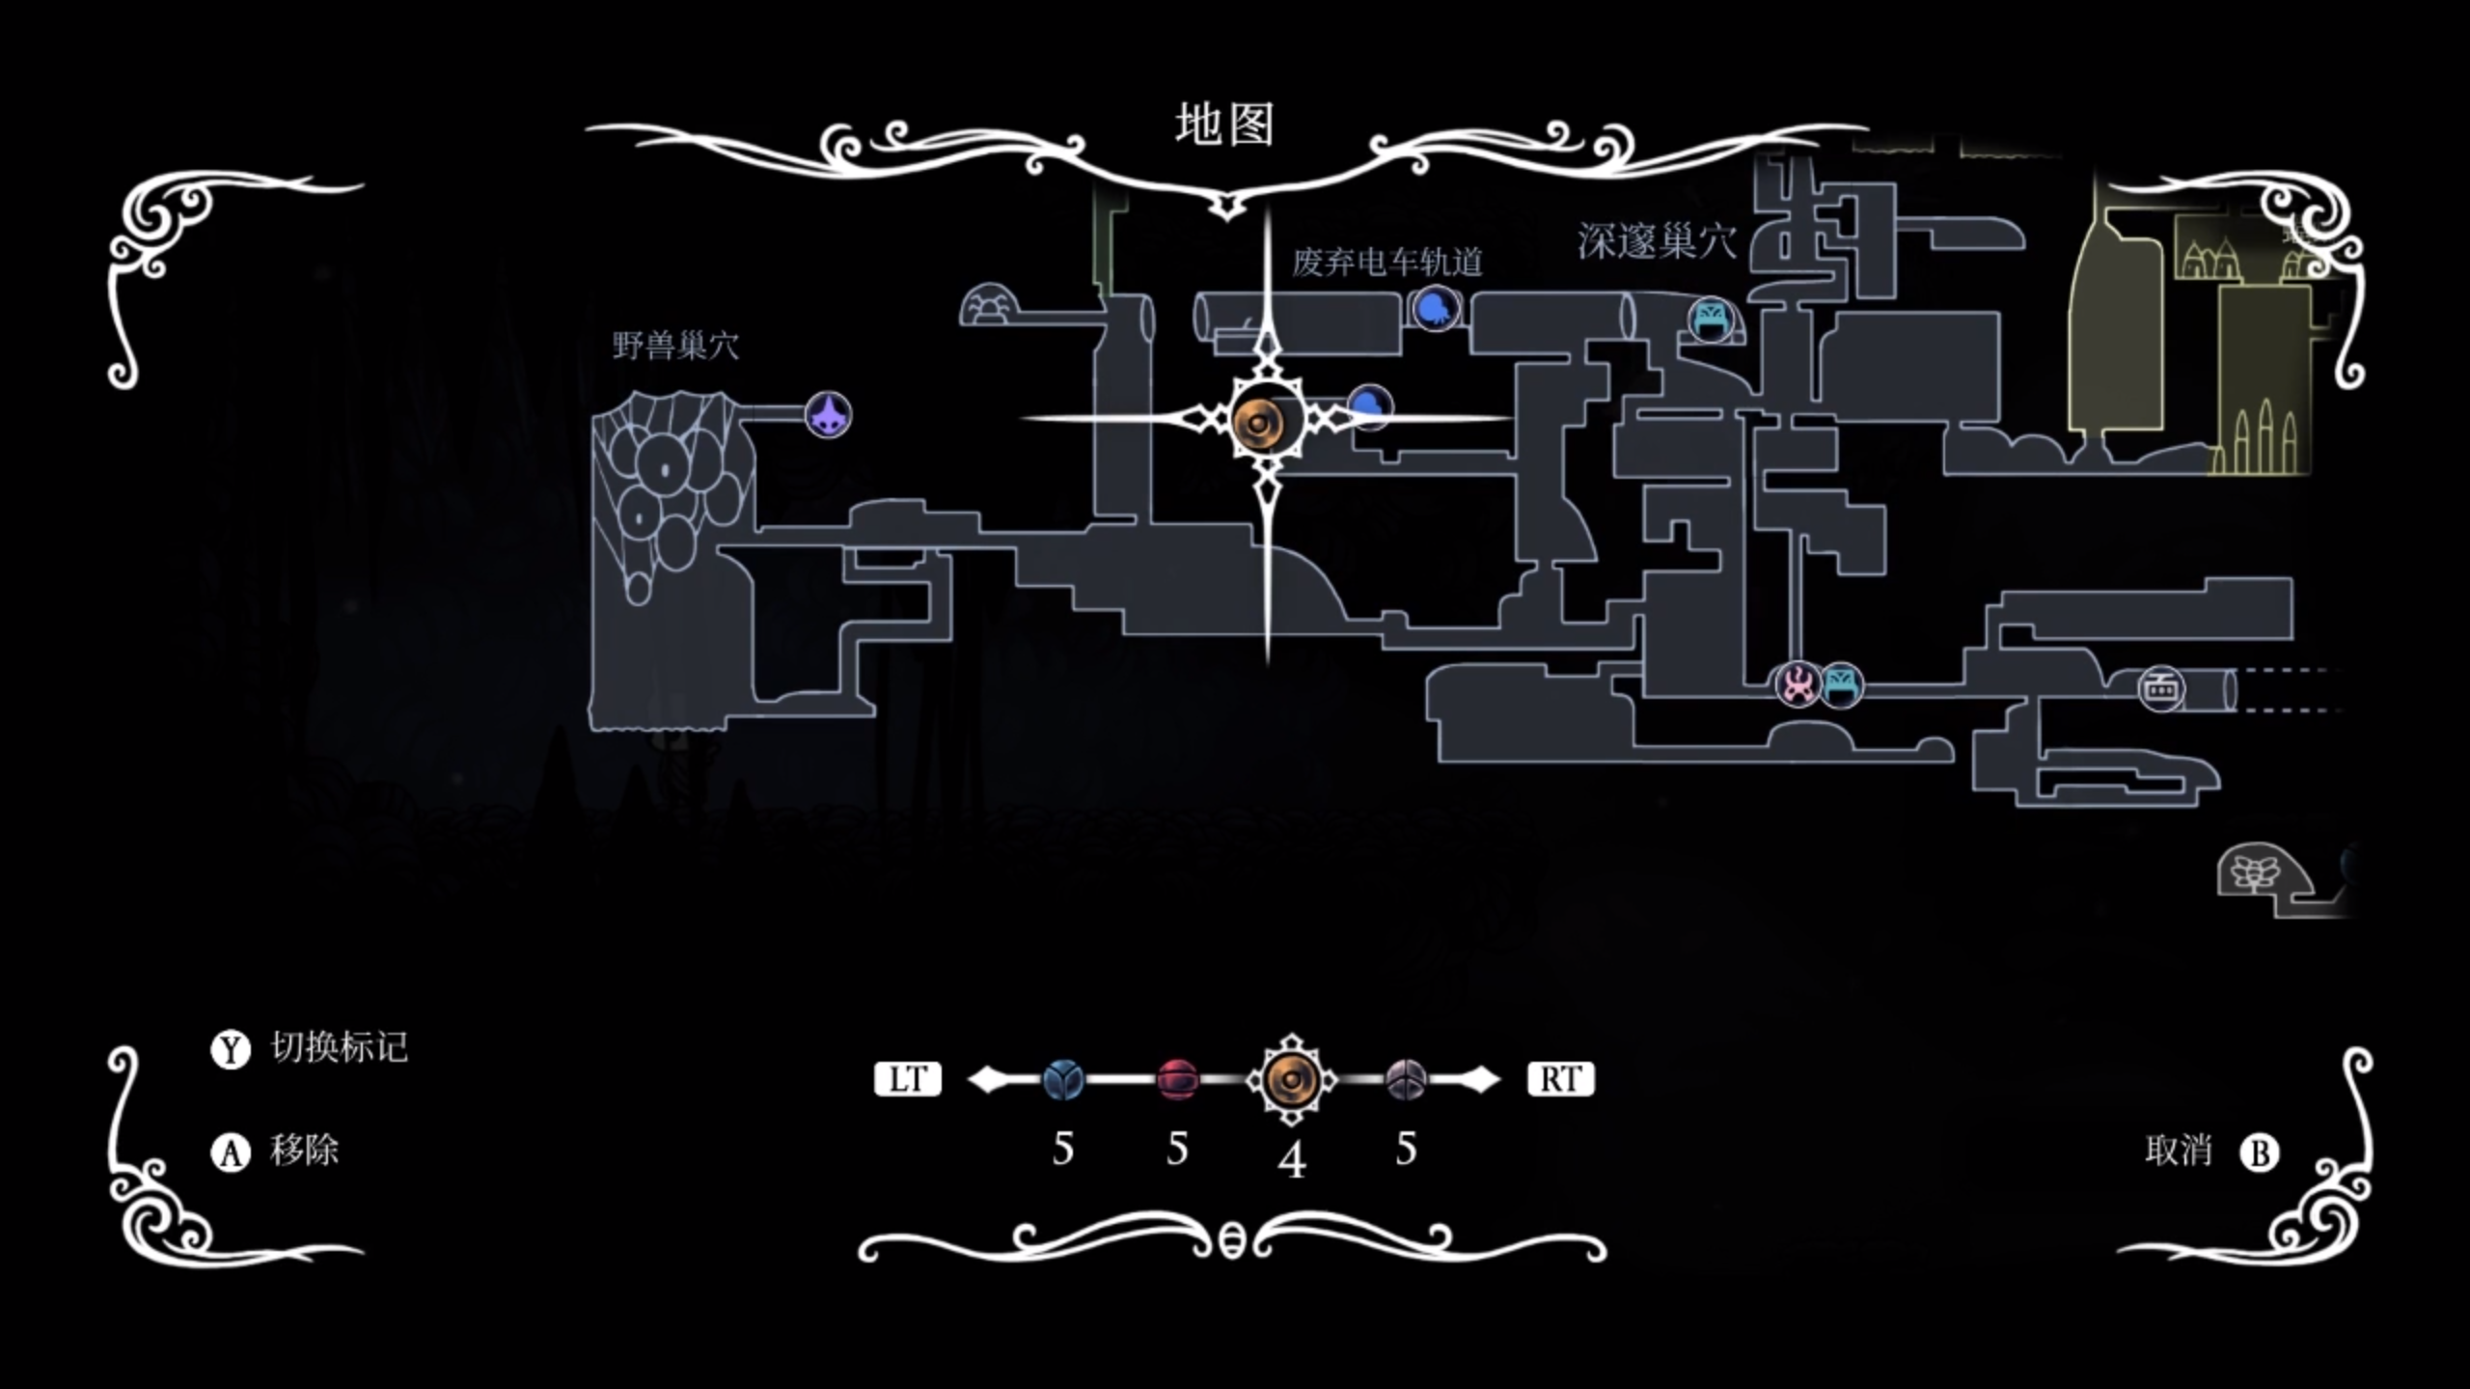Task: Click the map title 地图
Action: click(1224, 125)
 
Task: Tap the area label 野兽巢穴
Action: click(675, 346)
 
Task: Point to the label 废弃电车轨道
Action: click(1386, 262)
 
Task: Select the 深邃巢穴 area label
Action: click(1657, 241)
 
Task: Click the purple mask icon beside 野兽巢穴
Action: click(828, 416)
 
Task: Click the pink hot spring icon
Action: click(1797, 684)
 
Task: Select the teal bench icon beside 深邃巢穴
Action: click(1710, 319)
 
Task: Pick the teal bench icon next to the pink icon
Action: click(1841, 684)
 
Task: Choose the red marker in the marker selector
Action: click(1176, 1078)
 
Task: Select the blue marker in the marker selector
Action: click(1062, 1078)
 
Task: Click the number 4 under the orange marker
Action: click(1292, 1159)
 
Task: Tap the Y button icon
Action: click(230, 1049)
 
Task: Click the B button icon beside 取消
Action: click(2259, 1153)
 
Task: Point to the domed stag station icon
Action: click(989, 306)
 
